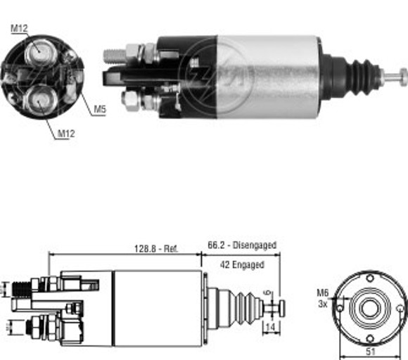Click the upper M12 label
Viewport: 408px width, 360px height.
[18, 27]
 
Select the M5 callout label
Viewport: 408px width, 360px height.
[99, 110]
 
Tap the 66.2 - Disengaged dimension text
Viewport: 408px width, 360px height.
[241, 245]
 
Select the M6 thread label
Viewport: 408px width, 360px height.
[321, 293]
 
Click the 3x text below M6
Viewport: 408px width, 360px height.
[322, 304]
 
